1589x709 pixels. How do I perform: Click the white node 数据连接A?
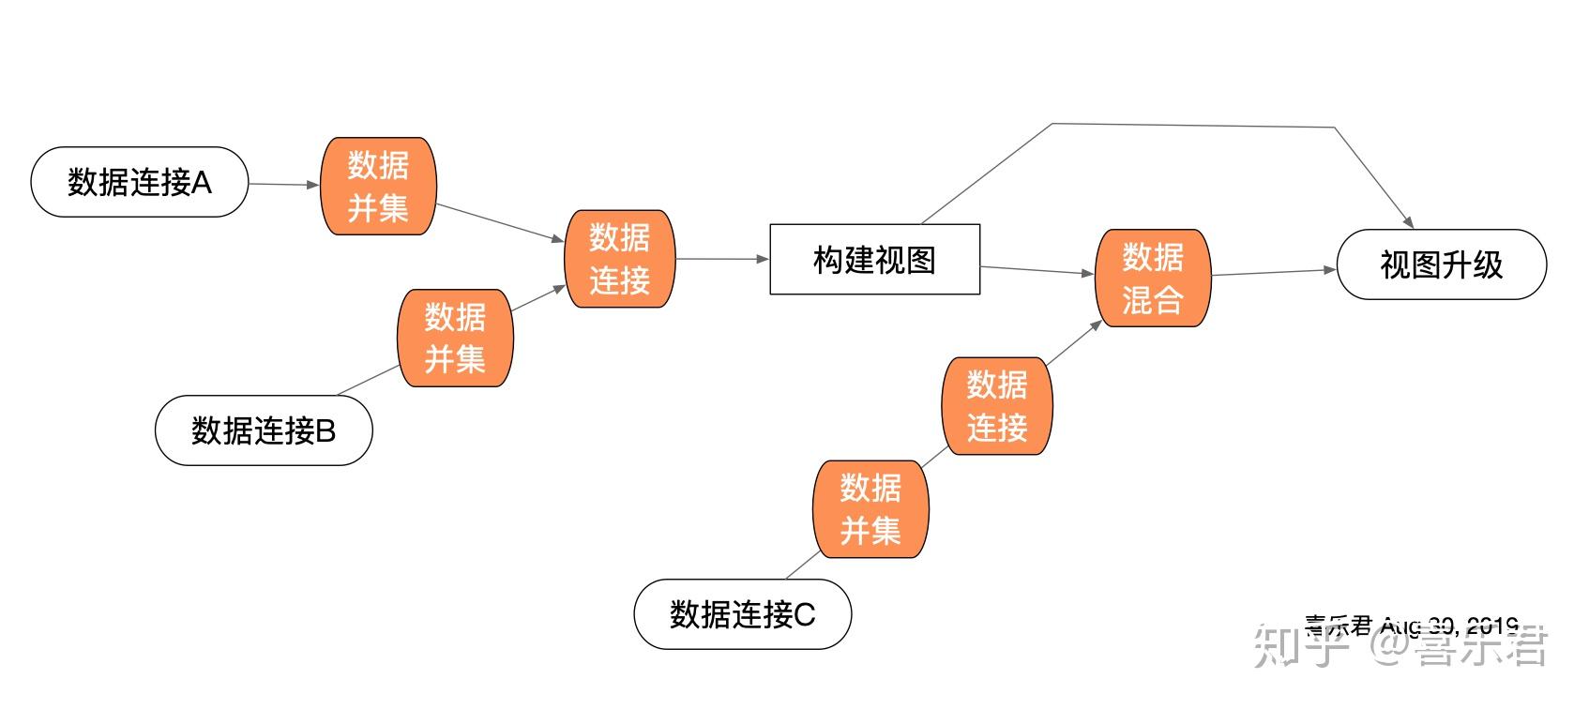(139, 182)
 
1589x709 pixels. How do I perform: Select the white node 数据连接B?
(264, 430)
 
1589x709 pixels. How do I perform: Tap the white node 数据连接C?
(742, 614)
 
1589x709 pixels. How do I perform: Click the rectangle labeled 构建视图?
(874, 260)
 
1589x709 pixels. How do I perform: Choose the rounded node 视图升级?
(1441, 265)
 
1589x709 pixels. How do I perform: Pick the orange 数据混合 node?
(1153, 279)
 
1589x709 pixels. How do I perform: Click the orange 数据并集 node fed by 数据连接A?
(378, 187)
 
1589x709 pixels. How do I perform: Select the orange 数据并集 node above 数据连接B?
(455, 338)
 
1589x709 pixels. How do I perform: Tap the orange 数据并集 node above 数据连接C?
(870, 509)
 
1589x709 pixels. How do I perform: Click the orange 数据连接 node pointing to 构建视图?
(619, 259)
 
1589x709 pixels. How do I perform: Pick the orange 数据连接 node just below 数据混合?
(997, 406)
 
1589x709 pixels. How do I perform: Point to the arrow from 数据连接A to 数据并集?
(283, 185)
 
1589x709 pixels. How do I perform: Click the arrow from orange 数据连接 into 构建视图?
(720, 259)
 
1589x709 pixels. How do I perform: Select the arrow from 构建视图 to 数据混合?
(1037, 271)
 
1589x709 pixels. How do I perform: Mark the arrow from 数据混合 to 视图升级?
(1273, 272)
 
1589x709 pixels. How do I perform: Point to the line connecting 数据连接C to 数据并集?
(802, 566)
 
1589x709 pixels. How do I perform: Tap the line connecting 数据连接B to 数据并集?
(369, 380)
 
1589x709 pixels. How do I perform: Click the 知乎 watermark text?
(1295, 646)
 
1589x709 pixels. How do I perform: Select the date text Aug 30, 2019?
(1449, 626)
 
